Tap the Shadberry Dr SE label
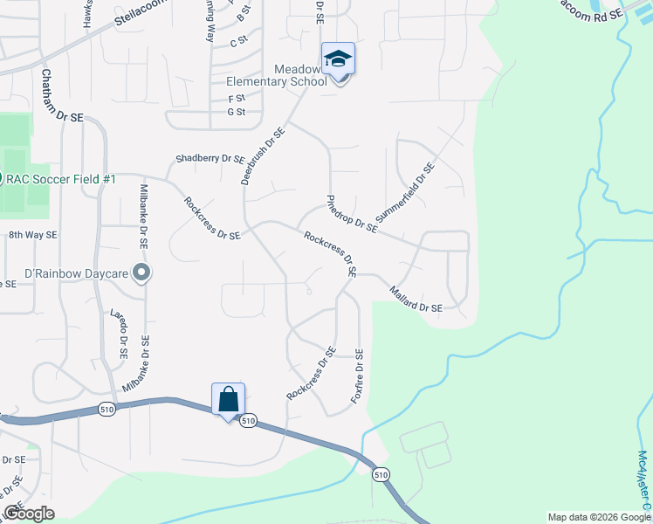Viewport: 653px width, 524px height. click(210, 159)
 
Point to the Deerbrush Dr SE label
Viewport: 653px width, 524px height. click(263, 156)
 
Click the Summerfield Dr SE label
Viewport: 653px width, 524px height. click(404, 192)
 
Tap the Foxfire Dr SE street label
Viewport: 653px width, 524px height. click(356, 376)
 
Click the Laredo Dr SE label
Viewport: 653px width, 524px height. click(120, 334)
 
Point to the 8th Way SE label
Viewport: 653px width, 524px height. click(32, 235)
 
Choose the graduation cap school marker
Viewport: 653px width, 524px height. click(338, 59)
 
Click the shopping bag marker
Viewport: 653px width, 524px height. click(228, 400)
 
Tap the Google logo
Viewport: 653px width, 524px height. click(28, 513)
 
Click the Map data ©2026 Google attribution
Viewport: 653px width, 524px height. click(599, 517)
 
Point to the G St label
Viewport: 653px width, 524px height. click(236, 112)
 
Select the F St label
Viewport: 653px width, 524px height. click(236, 99)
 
